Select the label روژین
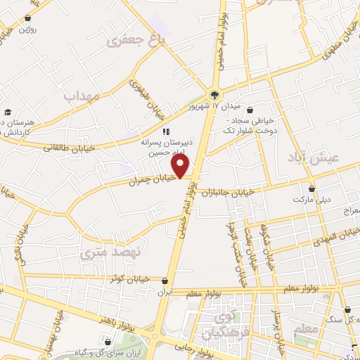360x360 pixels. [x=27, y=29]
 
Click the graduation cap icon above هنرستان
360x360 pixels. [x=8, y=112]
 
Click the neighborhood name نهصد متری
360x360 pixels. [x=111, y=251]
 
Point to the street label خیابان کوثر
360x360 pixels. [x=129, y=279]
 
